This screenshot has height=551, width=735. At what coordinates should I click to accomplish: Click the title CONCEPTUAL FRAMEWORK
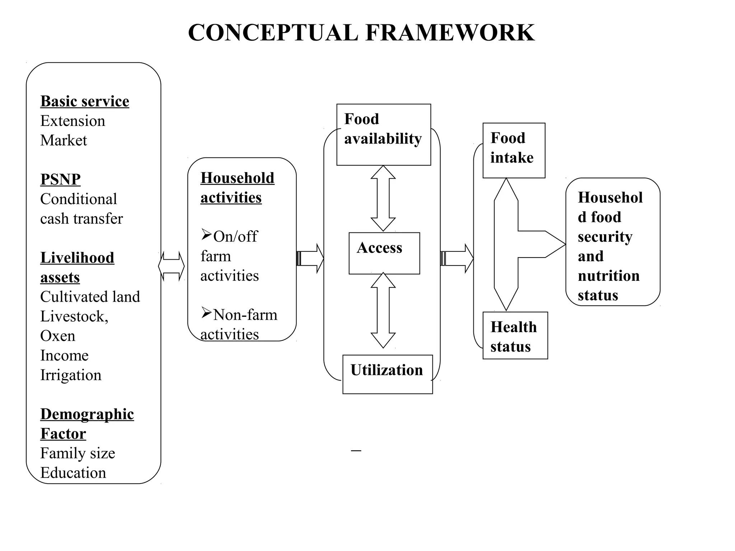tap(361, 33)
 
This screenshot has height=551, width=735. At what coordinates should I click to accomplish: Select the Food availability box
tap(383, 135)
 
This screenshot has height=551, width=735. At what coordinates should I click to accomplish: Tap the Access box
tap(384, 253)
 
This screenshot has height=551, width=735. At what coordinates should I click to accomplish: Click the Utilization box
tap(387, 374)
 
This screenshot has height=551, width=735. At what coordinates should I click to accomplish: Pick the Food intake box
tap(514, 150)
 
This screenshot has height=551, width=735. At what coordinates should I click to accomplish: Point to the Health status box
tap(515, 335)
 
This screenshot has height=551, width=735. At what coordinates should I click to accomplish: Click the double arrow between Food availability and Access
tap(383, 198)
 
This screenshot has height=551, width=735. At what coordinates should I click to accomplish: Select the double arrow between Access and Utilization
tap(383, 310)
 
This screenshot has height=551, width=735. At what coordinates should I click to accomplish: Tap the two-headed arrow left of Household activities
tap(171, 266)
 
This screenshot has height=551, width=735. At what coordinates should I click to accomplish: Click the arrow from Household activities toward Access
tap(310, 258)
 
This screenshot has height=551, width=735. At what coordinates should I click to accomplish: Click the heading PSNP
tap(60, 179)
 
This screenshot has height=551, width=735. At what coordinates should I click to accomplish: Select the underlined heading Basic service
tap(85, 101)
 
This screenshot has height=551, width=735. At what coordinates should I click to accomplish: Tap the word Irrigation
tap(71, 375)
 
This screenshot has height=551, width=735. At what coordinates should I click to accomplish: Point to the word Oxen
tap(58, 336)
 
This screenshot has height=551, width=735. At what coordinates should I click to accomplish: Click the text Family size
tap(78, 453)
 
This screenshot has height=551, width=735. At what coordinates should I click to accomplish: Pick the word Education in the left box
tap(73, 472)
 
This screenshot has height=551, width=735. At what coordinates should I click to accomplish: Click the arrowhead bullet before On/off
tap(206, 235)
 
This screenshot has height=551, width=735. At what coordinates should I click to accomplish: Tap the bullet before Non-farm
tap(206, 313)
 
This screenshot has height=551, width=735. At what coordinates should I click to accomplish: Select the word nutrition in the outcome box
tap(609, 276)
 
